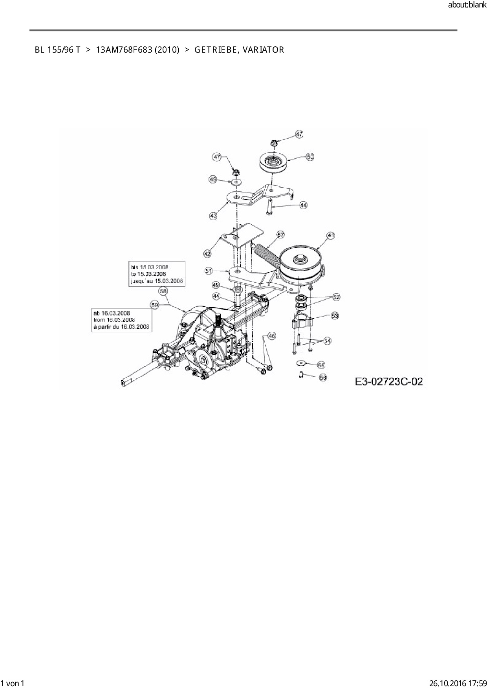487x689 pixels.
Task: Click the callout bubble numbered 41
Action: (x=331, y=235)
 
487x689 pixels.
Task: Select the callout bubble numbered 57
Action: (x=281, y=235)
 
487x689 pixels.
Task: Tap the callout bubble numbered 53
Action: (x=335, y=315)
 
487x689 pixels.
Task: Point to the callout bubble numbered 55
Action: (x=321, y=365)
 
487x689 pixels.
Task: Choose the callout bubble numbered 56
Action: (x=323, y=377)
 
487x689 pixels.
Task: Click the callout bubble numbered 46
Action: (x=272, y=336)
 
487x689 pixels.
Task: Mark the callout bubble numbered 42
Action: (x=207, y=254)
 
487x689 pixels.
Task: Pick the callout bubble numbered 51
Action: (x=209, y=271)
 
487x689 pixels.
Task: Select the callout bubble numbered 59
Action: (x=154, y=304)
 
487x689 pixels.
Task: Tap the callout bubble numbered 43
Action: (x=213, y=216)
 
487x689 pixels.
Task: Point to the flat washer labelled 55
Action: (x=300, y=363)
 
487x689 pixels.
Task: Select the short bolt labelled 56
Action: (x=300, y=375)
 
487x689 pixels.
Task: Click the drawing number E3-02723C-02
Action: (x=389, y=381)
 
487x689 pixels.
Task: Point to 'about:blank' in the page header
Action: (x=467, y=5)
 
